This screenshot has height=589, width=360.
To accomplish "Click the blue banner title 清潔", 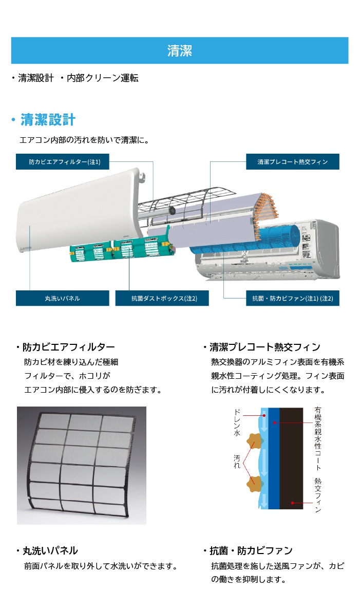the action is (179, 51).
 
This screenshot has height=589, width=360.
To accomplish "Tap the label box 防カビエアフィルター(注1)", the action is (63, 161).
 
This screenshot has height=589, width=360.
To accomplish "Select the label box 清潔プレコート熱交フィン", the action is (292, 161).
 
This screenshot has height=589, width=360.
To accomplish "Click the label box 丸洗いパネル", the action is (63, 298).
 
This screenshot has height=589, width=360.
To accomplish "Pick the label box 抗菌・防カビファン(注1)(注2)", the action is (292, 298).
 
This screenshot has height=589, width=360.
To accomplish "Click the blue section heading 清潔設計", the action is (48, 120).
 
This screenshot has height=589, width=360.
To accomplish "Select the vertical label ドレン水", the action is (237, 422).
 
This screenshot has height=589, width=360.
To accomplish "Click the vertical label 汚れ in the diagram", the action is (237, 462).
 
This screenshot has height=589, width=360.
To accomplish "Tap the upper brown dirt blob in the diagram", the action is (254, 440).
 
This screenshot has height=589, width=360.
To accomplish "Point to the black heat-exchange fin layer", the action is (291, 458).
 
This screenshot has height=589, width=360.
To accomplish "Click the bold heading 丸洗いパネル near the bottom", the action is (50, 550).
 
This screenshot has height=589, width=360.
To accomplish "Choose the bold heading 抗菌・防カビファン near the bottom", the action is (251, 550).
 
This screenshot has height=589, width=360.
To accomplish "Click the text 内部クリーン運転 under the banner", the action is (103, 78).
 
